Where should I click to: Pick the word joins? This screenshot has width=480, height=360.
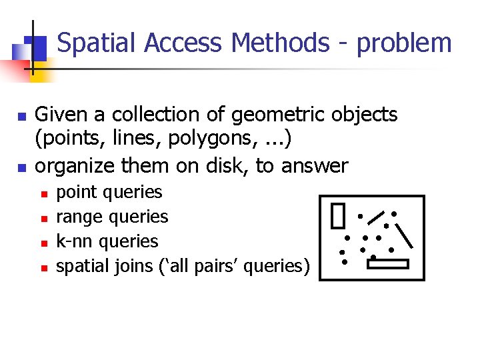coord(117,266)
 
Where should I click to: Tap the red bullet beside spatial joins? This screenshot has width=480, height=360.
coord(41,268)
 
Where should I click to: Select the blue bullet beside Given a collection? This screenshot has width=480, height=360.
coord(21,117)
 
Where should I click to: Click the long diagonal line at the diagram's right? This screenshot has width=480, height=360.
coord(405,235)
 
